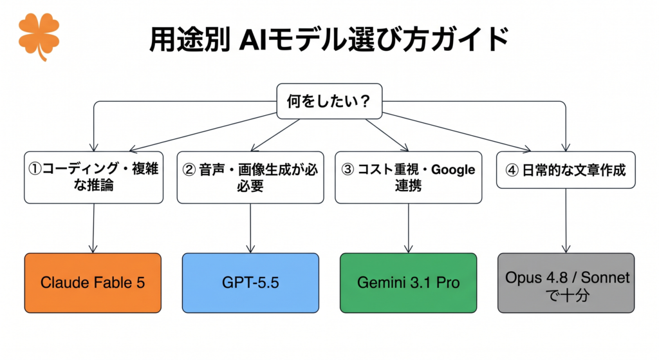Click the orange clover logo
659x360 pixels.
[x=39, y=36]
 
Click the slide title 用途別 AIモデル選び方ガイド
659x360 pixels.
[x=329, y=39]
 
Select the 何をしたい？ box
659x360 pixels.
[x=329, y=101]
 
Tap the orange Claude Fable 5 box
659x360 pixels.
[x=93, y=283]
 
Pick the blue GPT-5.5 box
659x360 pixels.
[x=250, y=283]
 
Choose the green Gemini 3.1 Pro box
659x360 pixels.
[x=409, y=283]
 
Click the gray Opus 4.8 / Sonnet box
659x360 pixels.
[x=566, y=283]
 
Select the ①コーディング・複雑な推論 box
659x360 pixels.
[x=94, y=178]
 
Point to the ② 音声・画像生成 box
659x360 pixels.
[x=250, y=178]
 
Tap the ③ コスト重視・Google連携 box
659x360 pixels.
[x=409, y=178]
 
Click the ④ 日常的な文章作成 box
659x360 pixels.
[x=566, y=170]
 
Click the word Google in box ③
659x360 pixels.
[x=453, y=169]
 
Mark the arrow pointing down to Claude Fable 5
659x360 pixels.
[x=93, y=229]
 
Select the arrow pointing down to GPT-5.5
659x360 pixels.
[x=250, y=229]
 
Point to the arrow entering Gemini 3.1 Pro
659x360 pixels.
[x=409, y=229]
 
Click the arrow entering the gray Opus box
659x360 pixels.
[x=566, y=220]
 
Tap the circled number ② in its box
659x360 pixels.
[x=189, y=169]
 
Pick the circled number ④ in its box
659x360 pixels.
[x=512, y=170]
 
